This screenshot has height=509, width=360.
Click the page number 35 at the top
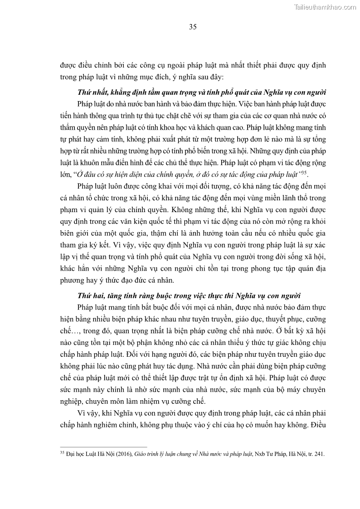pos(193,27)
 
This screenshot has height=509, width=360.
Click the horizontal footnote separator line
pos(104,447)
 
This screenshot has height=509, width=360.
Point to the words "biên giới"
pos(75,233)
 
